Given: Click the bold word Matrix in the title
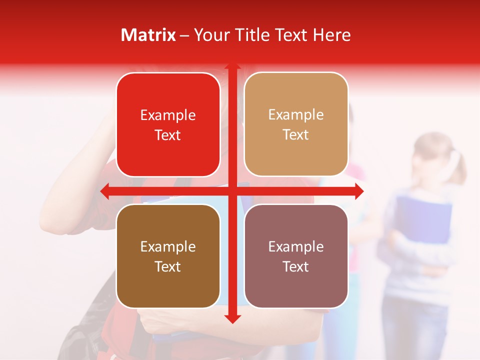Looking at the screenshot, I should (148, 35).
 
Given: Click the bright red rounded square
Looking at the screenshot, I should (168, 124).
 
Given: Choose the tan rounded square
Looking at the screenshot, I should (296, 124).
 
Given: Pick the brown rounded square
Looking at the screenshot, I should (168, 256).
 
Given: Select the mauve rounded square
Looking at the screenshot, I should (296, 256).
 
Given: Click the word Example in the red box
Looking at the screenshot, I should (168, 115).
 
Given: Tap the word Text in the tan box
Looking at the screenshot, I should (296, 134).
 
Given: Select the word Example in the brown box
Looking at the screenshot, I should (168, 246).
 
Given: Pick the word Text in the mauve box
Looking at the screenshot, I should (296, 266).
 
